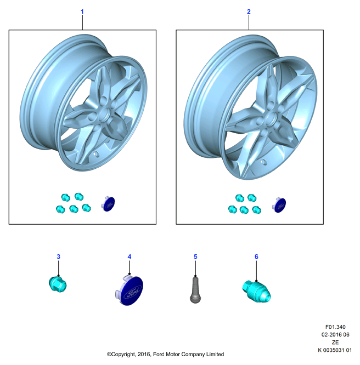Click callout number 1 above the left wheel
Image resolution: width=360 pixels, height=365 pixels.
pyautogui.click(x=82, y=12)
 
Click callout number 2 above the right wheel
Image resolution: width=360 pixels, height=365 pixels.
pyautogui.click(x=249, y=12)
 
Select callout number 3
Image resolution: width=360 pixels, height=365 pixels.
pyautogui.click(x=58, y=256)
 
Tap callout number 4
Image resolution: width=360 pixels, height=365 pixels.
pyautogui.click(x=130, y=256)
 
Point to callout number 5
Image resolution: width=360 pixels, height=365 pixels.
pyautogui.click(x=195, y=256)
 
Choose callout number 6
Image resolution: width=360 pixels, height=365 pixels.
pyautogui.click(x=256, y=256)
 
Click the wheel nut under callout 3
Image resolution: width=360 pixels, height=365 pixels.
pyautogui.click(x=58, y=284)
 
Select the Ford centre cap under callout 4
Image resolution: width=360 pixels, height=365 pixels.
pyautogui.click(x=130, y=290)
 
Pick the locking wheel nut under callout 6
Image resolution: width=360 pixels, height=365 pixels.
pyautogui.click(x=256, y=292)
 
